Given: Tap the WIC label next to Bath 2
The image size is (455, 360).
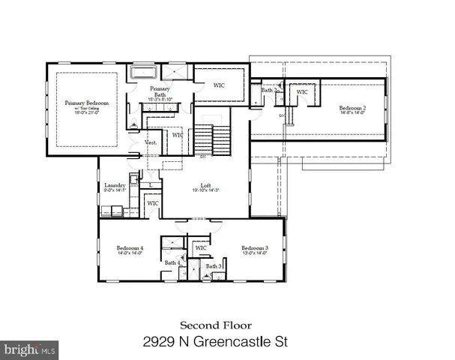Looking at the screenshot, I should click(x=302, y=91).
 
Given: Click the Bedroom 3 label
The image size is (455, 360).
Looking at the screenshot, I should click(x=253, y=247).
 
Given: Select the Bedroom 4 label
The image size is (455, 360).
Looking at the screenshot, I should click(x=129, y=247).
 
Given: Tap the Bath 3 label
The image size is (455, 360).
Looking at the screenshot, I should click(x=214, y=266).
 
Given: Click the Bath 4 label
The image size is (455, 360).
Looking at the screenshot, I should click(x=172, y=262).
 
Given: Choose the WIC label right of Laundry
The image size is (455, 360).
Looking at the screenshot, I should click(x=152, y=202).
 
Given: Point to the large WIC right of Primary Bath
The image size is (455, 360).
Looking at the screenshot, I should click(x=220, y=85).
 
